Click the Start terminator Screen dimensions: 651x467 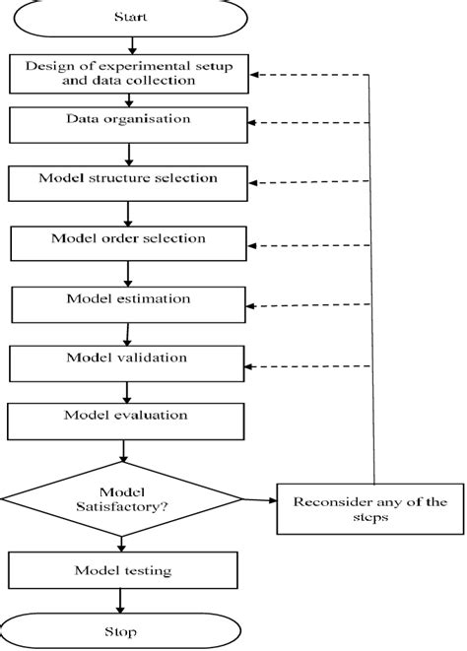(126, 17)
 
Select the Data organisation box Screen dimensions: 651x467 (129, 123)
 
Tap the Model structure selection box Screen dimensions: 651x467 (128, 182)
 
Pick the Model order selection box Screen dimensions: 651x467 (128, 241)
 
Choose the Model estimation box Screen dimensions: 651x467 (128, 301)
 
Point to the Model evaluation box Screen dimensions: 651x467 (126, 421)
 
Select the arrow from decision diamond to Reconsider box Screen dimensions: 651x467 (259, 500)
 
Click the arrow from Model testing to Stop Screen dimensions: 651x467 (121, 601)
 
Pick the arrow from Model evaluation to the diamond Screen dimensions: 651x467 (123, 451)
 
